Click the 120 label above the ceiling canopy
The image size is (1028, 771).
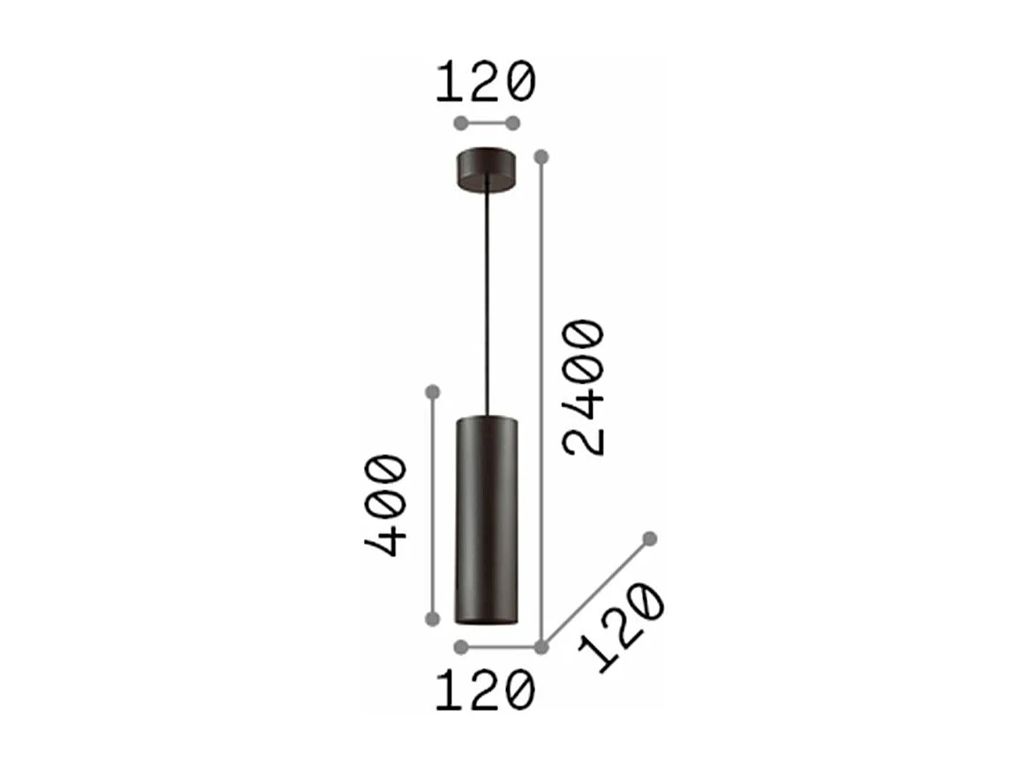point(486,82)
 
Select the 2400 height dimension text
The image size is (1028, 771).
point(585,388)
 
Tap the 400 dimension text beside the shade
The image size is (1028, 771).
point(386,504)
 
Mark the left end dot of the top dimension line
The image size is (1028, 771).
point(459,123)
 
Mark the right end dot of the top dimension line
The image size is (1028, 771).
point(512,123)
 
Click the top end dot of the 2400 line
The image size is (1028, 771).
point(541,157)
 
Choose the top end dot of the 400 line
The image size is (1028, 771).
point(432,391)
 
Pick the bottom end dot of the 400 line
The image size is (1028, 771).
point(432,618)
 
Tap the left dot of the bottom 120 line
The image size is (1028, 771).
point(459,647)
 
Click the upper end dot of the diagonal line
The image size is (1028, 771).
point(650,538)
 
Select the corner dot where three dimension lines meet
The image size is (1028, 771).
point(541,647)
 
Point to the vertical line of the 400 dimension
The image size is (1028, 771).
point(432,503)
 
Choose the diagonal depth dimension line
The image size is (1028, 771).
point(596,593)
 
